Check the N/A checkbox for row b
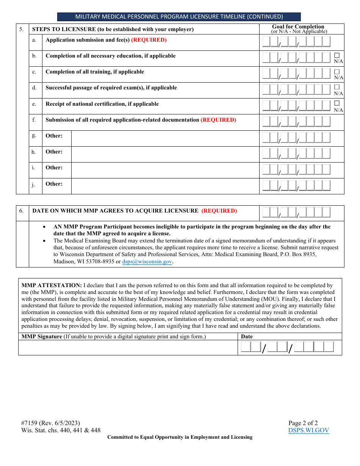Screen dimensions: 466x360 coord(337,55)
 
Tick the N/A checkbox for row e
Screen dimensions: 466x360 coord(337,103)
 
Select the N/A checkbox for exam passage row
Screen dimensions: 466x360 coord(337,87)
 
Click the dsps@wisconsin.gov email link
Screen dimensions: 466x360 coord(147,261)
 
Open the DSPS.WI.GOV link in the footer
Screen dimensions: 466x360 coord(308,430)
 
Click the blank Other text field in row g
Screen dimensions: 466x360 coord(165,138)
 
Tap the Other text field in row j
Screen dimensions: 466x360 coord(165,186)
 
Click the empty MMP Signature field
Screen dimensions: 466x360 coord(128,347)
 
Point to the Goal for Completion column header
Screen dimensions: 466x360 coord(298,27)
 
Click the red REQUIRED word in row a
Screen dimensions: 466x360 coord(149,40)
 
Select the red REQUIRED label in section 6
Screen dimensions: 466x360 coord(219,211)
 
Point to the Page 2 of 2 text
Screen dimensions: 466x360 coord(303,423)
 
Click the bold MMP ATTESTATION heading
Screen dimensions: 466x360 coord(52,285)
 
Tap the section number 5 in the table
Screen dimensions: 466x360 coord(21,29)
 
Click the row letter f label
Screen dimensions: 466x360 coord(34,120)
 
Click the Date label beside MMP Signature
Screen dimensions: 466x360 coord(247,336)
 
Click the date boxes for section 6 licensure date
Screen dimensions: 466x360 coord(296,213)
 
